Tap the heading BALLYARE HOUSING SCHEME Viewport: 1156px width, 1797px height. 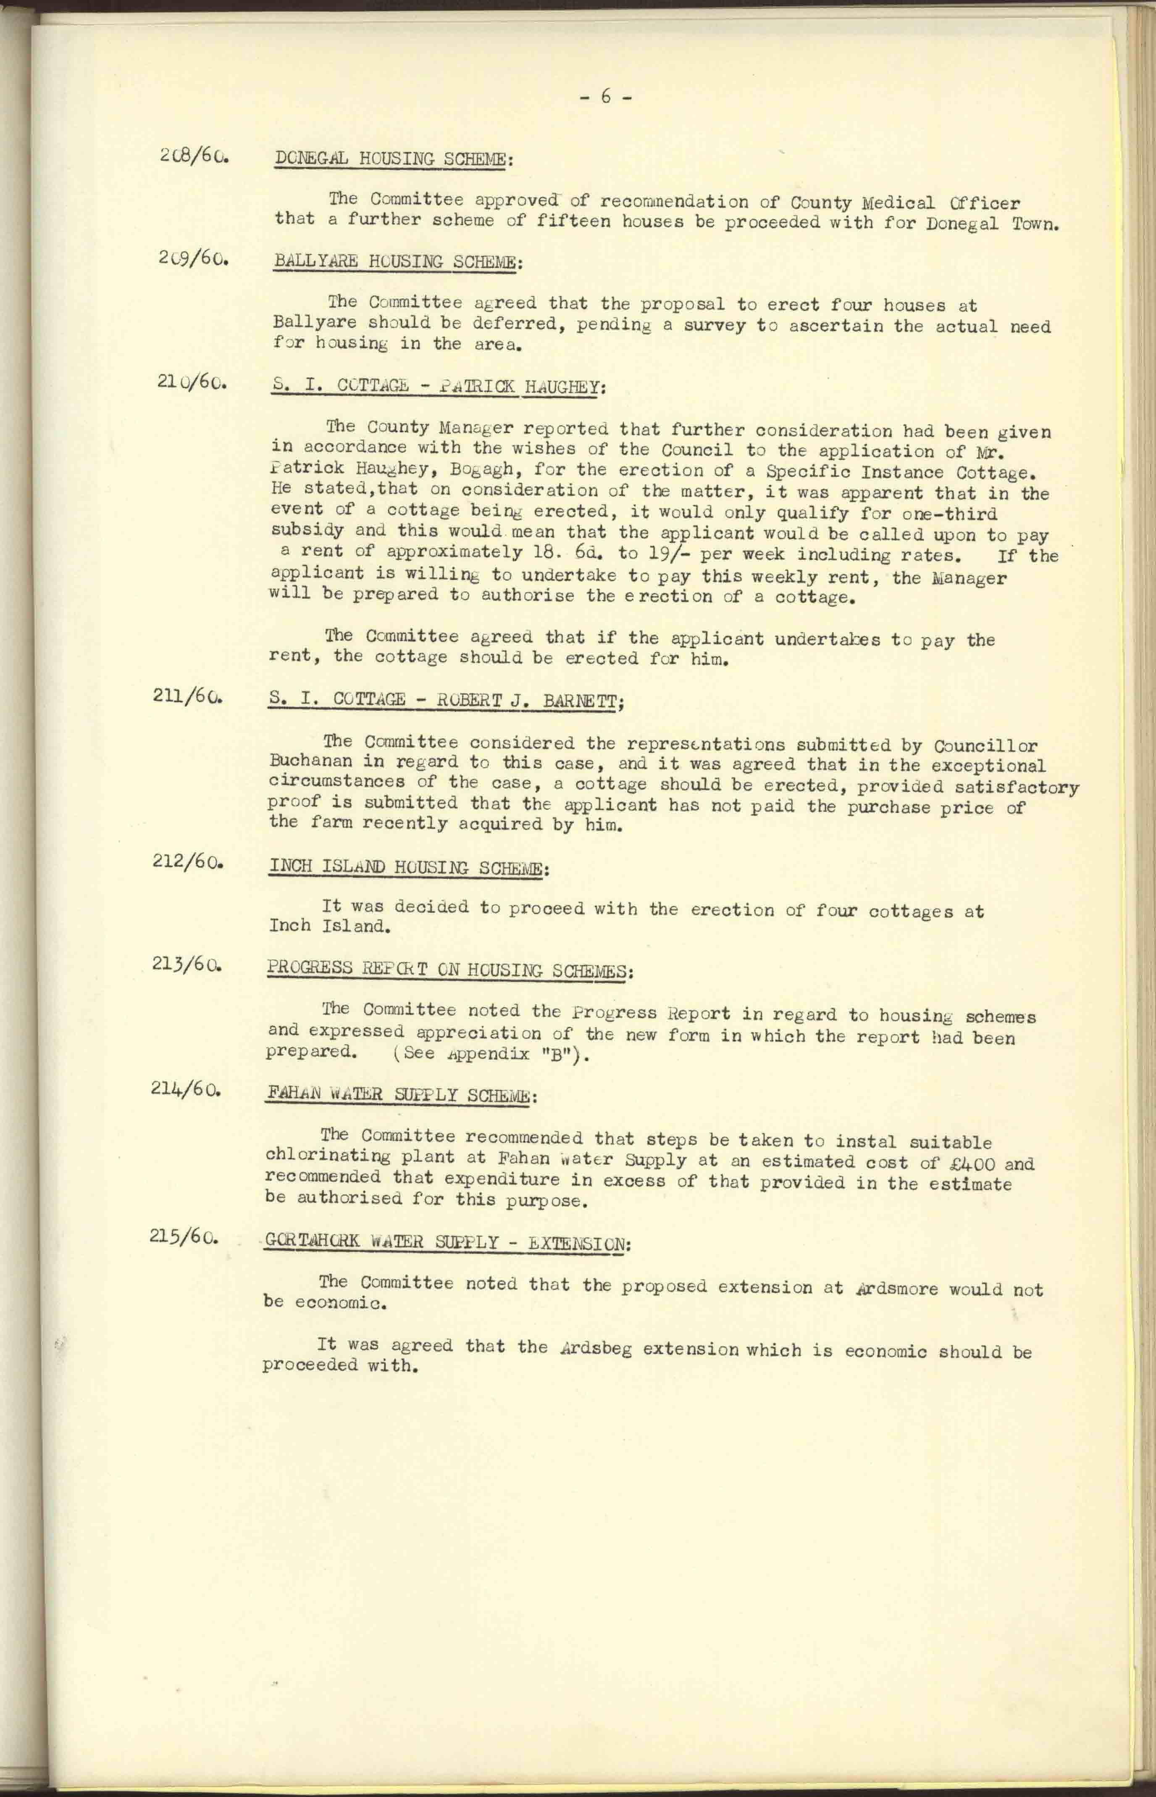395,262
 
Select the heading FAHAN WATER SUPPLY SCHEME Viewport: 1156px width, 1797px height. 399,1095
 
